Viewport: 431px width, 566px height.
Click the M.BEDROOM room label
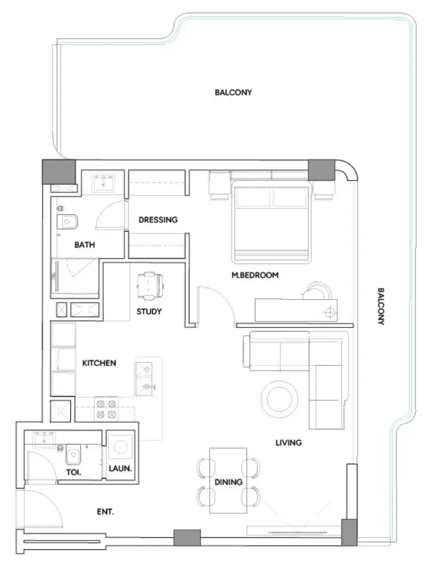(255, 275)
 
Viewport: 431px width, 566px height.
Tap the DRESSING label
(158, 220)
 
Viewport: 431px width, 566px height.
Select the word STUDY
(149, 311)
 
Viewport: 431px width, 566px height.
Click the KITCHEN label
(99, 363)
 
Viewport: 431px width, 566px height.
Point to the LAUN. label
(120, 468)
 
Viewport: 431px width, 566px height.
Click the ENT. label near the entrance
(105, 512)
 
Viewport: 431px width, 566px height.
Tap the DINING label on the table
(228, 482)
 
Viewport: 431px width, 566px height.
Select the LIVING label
(289, 442)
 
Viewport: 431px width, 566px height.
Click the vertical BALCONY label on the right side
(381, 306)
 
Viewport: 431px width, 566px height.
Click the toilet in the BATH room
(67, 221)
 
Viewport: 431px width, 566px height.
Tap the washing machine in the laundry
(120, 447)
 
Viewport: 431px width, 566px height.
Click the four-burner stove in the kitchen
(106, 409)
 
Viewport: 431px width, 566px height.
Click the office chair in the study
(149, 286)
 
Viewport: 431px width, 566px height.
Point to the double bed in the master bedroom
(271, 221)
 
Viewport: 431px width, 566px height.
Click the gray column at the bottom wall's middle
(187, 538)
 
